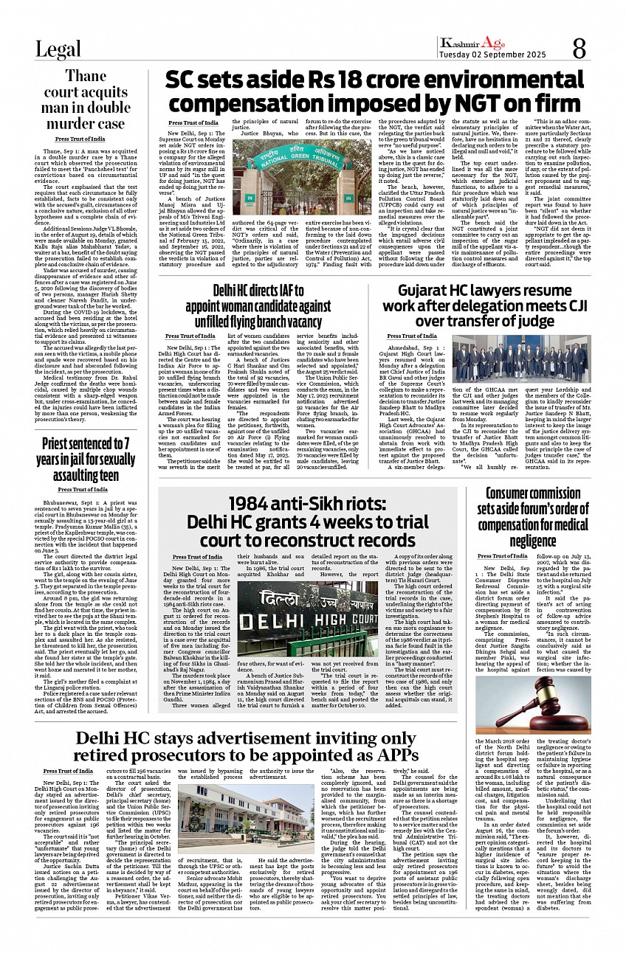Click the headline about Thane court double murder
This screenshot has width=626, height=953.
pos(85,99)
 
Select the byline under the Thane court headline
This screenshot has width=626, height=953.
pos(79,139)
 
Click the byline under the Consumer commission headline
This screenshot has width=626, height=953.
pos(503,555)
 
